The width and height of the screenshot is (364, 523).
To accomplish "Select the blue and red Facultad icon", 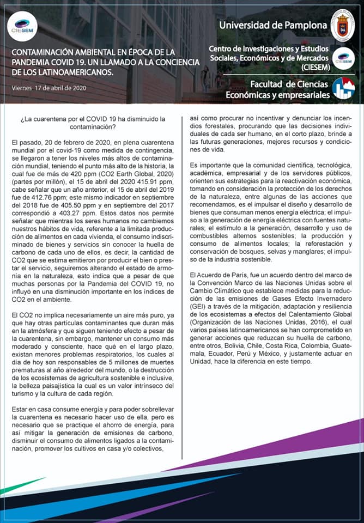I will coord(343,89).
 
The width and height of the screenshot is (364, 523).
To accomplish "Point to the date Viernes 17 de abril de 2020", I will coord(48,88).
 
